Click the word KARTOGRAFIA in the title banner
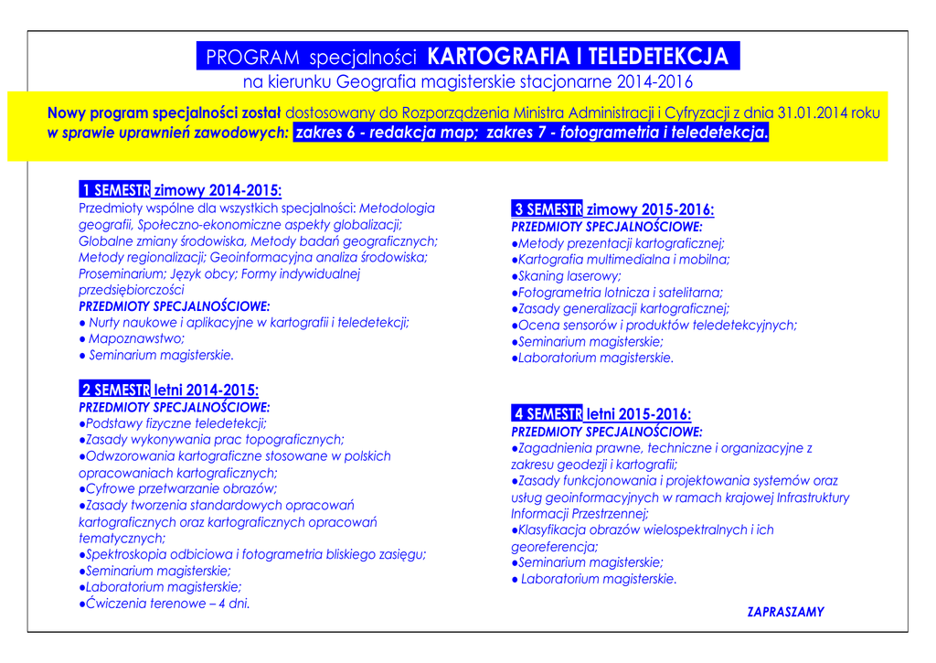point(497,57)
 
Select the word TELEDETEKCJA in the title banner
point(658,57)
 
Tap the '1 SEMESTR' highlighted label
point(114,190)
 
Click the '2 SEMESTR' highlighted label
point(114,390)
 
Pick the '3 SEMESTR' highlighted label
point(547,209)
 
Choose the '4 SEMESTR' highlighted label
point(547,414)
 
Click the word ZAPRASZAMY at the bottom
point(785,612)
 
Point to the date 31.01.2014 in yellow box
point(812,113)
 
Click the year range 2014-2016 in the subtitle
point(654,82)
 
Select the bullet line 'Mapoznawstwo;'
point(136,338)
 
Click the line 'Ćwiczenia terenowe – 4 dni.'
point(167,604)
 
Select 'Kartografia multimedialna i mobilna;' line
point(623,260)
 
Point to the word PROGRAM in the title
point(252,58)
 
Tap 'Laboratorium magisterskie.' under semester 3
point(595,358)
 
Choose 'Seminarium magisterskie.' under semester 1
point(161,355)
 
